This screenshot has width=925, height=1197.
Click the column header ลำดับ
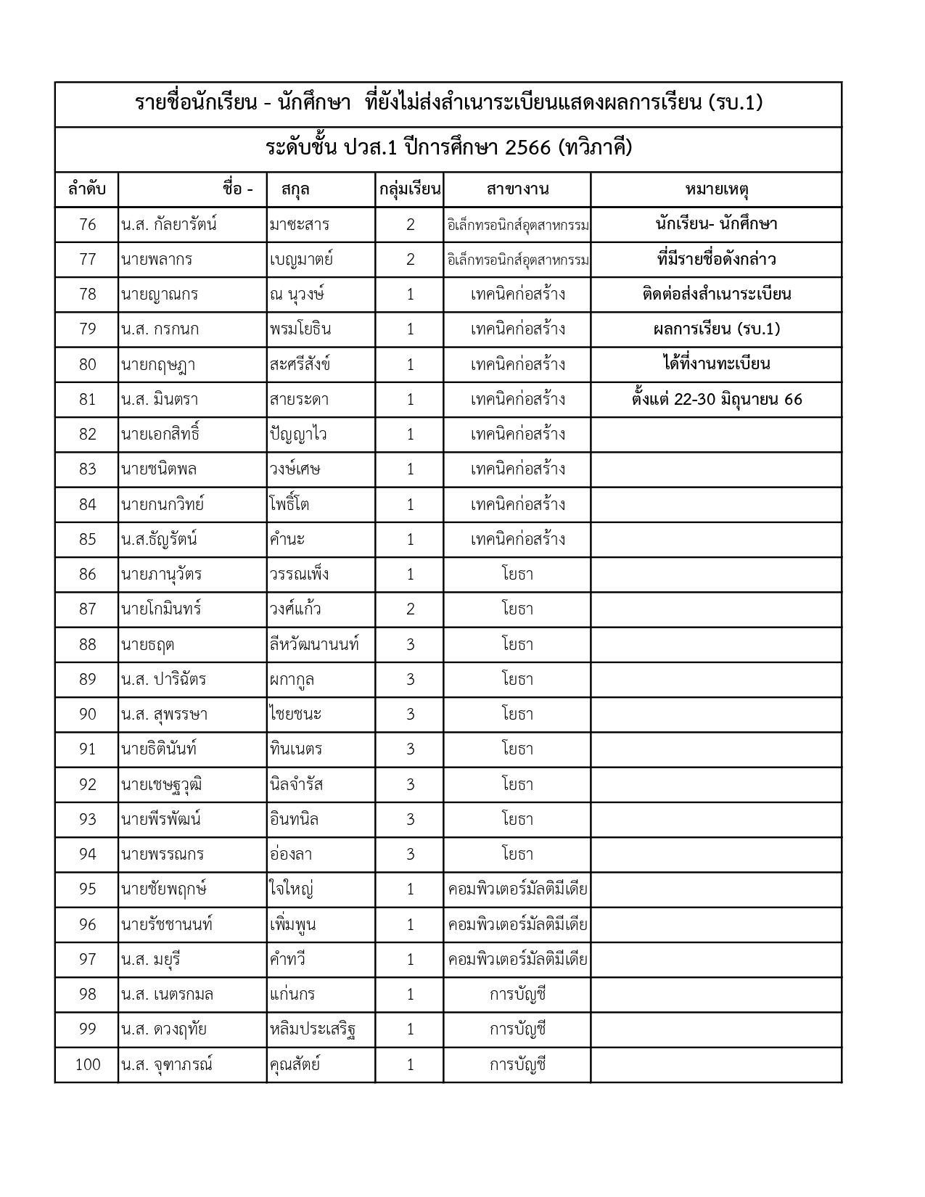click(x=87, y=190)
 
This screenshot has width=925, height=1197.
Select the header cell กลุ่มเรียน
click(x=410, y=190)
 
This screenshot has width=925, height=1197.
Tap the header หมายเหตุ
click(x=717, y=190)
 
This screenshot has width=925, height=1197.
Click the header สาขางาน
click(x=517, y=190)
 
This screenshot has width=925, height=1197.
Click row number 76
click(x=87, y=225)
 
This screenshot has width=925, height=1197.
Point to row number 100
click(x=87, y=1065)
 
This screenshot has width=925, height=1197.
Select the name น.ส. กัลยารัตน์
click(x=169, y=225)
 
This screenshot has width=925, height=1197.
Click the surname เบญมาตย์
click(x=301, y=260)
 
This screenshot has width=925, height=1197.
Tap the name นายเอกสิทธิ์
click(x=160, y=435)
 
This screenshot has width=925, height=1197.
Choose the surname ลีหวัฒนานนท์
click(x=314, y=644)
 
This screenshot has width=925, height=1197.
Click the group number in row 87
click(x=410, y=609)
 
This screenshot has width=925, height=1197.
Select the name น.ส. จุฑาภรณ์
click(x=167, y=1065)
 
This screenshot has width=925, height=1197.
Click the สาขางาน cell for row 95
click(x=517, y=889)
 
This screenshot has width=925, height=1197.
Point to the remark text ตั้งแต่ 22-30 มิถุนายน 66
click(x=717, y=400)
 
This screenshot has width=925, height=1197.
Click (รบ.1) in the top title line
click(x=735, y=103)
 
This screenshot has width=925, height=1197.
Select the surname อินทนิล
click(x=294, y=820)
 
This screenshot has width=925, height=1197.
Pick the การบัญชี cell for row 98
click(x=517, y=995)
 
